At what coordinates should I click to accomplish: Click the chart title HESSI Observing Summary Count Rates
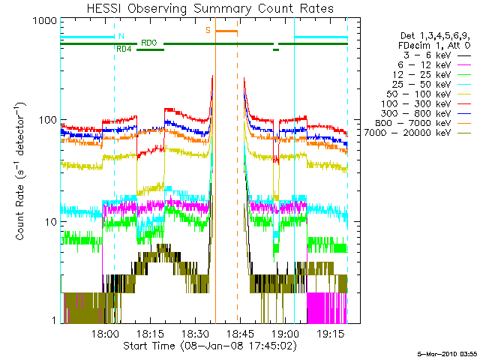[203, 8]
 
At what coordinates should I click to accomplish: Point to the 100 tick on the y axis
[49, 121]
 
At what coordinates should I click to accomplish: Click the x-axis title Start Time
[203, 346]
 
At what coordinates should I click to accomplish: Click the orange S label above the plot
[208, 31]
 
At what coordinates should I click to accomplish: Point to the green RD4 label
[124, 49]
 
